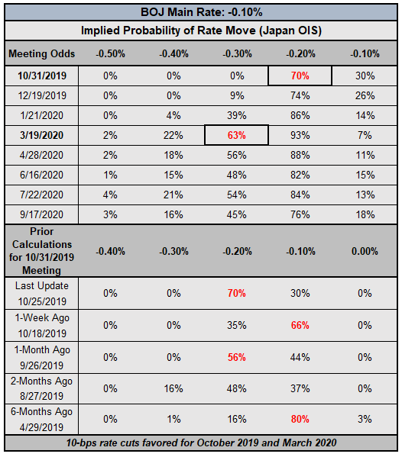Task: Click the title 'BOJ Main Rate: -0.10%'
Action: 202,12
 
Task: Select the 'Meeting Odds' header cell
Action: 42,53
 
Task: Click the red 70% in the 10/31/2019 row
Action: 300,76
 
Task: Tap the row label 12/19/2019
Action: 42,95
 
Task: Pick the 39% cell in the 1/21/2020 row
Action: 237,115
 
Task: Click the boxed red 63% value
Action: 237,135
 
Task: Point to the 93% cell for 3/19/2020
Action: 300,135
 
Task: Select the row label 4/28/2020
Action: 41,155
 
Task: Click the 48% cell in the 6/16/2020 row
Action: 237,175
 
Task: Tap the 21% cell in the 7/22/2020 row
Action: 173,195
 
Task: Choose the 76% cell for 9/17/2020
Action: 300,214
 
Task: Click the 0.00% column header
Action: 365,251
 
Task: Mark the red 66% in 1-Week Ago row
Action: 300,325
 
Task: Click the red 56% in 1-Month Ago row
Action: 237,357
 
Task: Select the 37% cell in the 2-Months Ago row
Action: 300,388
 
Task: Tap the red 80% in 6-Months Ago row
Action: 300,419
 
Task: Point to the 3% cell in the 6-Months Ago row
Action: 365,419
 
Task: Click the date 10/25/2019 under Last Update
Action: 42,301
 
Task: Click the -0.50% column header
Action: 110,53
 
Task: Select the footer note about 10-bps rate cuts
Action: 202,443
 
